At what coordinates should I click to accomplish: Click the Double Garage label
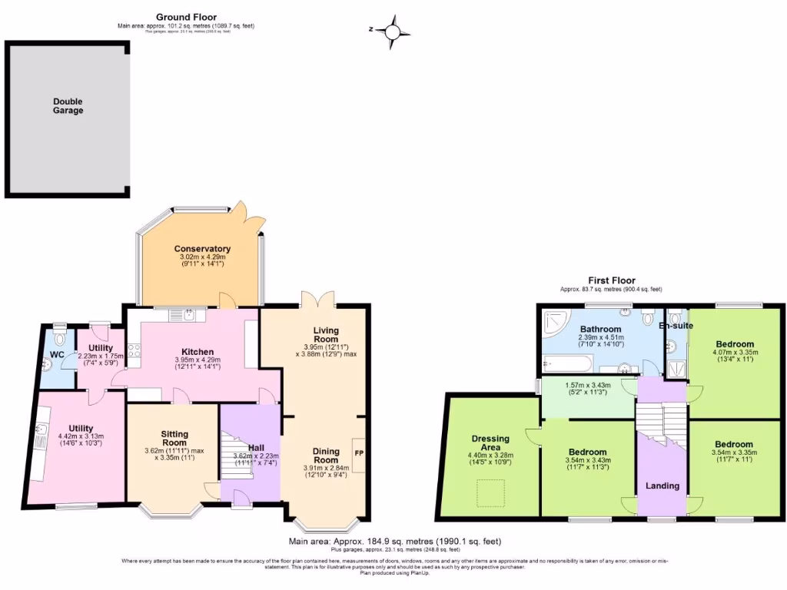point(68,106)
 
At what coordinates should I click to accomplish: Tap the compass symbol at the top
point(393,31)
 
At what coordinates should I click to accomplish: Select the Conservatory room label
point(202,249)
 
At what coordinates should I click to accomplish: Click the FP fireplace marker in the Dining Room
point(359,452)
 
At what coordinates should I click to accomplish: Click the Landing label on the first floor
point(662,486)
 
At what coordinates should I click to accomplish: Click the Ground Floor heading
point(186,17)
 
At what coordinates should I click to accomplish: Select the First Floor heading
point(612,280)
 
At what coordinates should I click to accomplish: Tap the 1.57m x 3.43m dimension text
point(586,385)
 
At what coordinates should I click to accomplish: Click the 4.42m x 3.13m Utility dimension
point(81,436)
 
